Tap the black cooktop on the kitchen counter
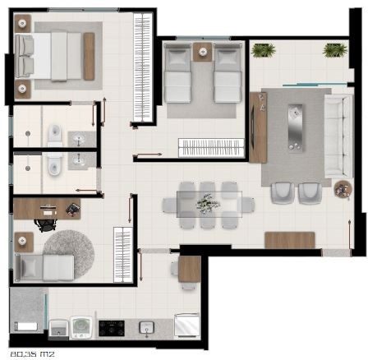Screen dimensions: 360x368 (110, 328)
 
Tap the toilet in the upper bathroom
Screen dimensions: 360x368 (53, 133)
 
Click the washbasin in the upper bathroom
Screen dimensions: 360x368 (80, 137)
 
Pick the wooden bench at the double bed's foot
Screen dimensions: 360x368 (88, 57)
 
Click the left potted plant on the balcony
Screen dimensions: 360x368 (264, 51)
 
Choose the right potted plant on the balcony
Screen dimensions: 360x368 (334, 51)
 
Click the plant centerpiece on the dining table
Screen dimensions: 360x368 (209, 201)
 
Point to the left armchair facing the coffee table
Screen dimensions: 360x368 (282, 192)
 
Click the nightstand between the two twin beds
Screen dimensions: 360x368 (201, 54)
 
